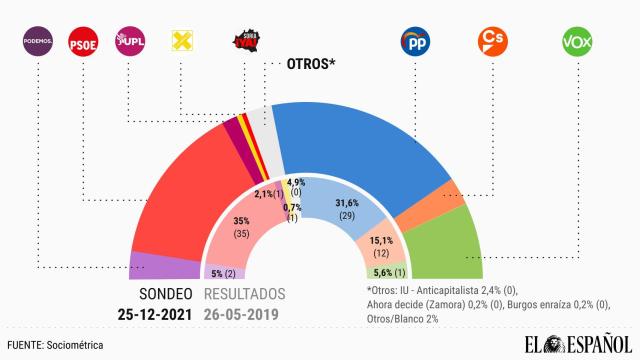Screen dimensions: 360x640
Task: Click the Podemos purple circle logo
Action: tap(38, 42)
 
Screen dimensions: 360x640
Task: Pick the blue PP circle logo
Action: tap(414, 42)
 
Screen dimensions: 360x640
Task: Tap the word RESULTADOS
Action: tap(244, 294)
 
